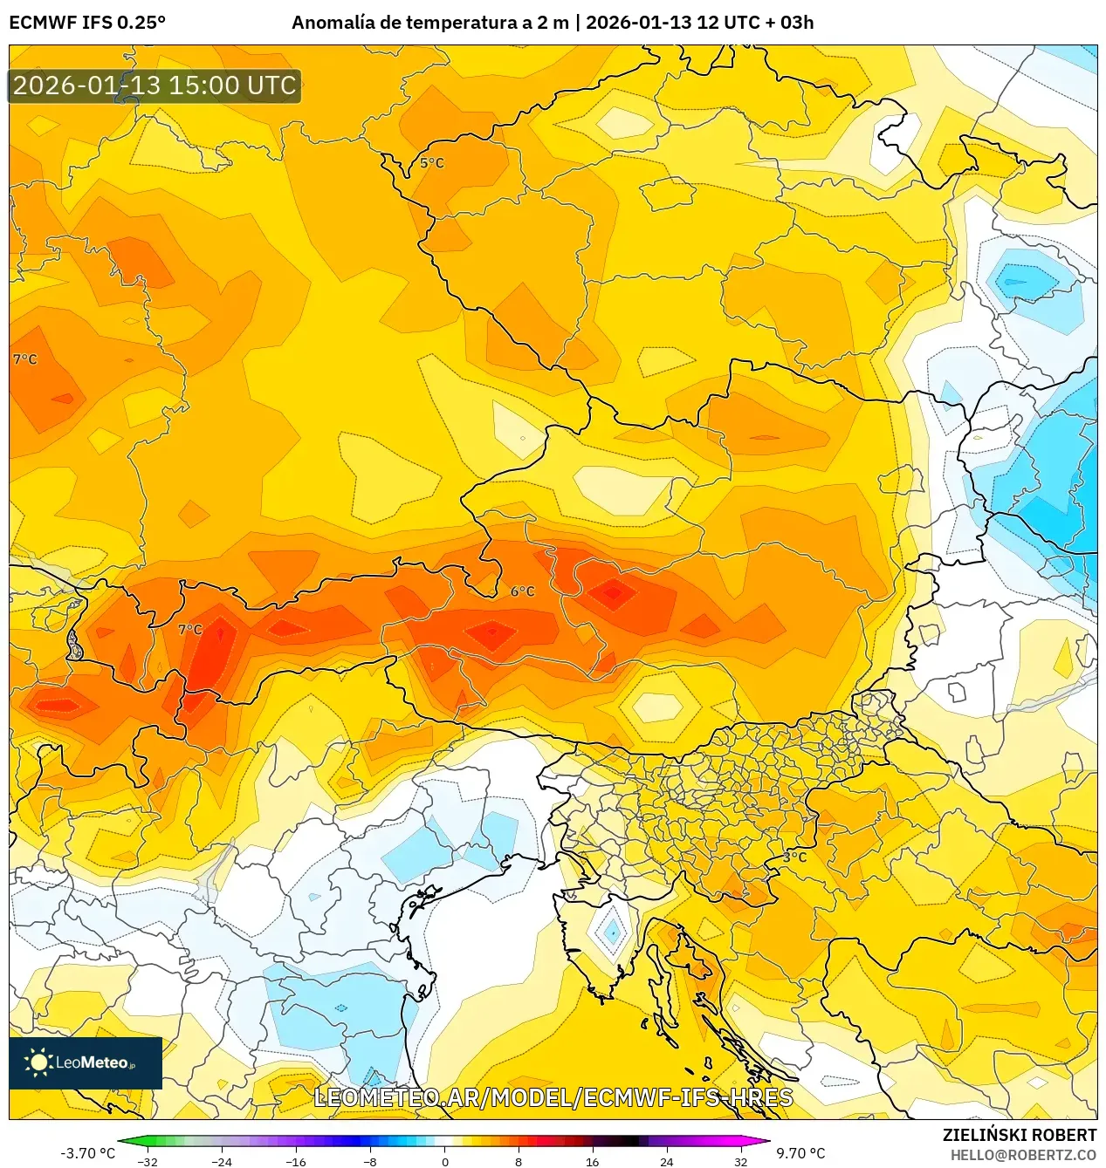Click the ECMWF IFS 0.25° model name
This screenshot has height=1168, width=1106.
[x=86, y=23]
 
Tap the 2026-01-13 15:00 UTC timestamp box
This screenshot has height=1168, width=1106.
[x=155, y=85]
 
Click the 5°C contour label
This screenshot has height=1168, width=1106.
[x=432, y=163]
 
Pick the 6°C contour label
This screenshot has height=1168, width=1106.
[x=522, y=591]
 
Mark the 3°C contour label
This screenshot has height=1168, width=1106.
[x=794, y=857]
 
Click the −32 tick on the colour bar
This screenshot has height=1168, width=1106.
[x=148, y=1161]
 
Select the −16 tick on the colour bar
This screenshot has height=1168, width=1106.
[x=297, y=1161]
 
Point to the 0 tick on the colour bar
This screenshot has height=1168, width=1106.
[x=444, y=1161]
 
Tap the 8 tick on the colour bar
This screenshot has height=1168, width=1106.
[x=519, y=1161]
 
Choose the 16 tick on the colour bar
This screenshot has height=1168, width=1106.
[x=593, y=1161]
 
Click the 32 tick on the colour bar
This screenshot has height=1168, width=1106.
[x=740, y=1161]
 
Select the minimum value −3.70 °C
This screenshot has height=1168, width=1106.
[x=87, y=1153]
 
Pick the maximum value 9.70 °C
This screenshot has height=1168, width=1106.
[x=800, y=1153]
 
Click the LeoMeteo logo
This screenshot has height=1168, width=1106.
[x=86, y=1062]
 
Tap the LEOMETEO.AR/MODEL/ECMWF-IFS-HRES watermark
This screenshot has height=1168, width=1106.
[x=553, y=1097]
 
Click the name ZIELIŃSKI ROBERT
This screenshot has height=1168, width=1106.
[x=1019, y=1135]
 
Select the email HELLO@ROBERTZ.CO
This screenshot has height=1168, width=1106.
[x=1023, y=1155]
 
